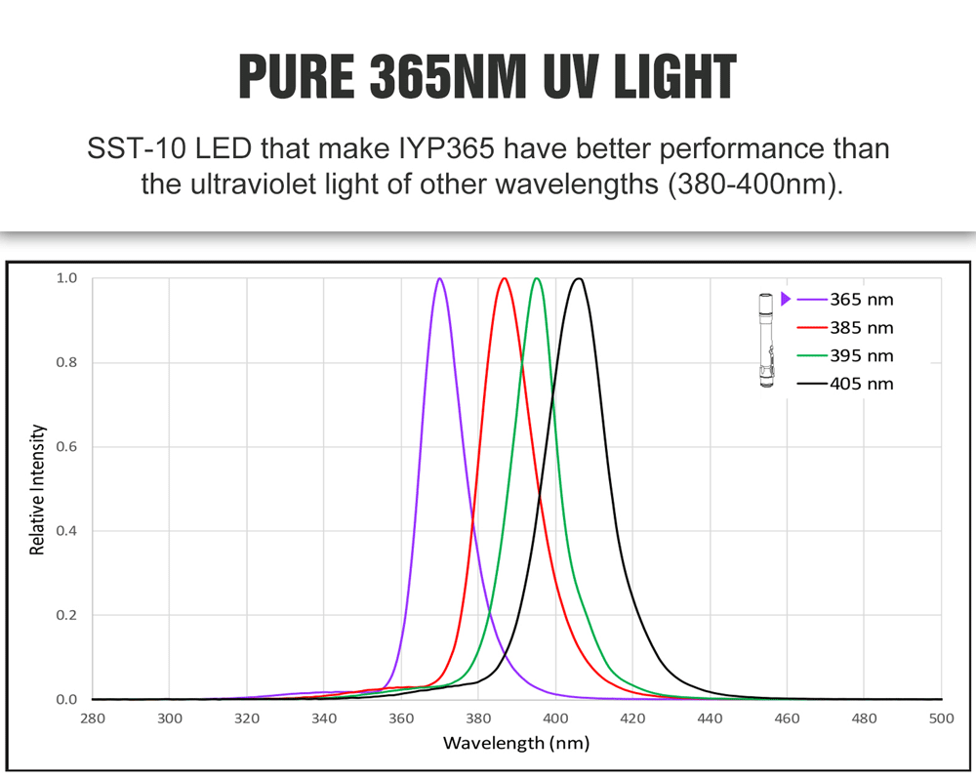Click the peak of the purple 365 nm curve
click(439, 279)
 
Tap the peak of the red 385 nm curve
click(505, 279)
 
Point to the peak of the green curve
click(537, 279)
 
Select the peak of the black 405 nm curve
click(579, 279)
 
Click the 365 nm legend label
click(861, 300)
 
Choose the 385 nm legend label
click(861, 328)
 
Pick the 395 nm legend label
click(861, 356)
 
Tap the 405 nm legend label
click(861, 384)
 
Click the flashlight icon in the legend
click(766, 340)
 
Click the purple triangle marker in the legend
click(786, 299)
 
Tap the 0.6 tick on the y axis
click(66, 447)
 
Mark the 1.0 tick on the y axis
click(66, 278)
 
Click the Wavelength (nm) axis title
click(516, 744)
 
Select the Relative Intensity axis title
click(38, 489)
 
